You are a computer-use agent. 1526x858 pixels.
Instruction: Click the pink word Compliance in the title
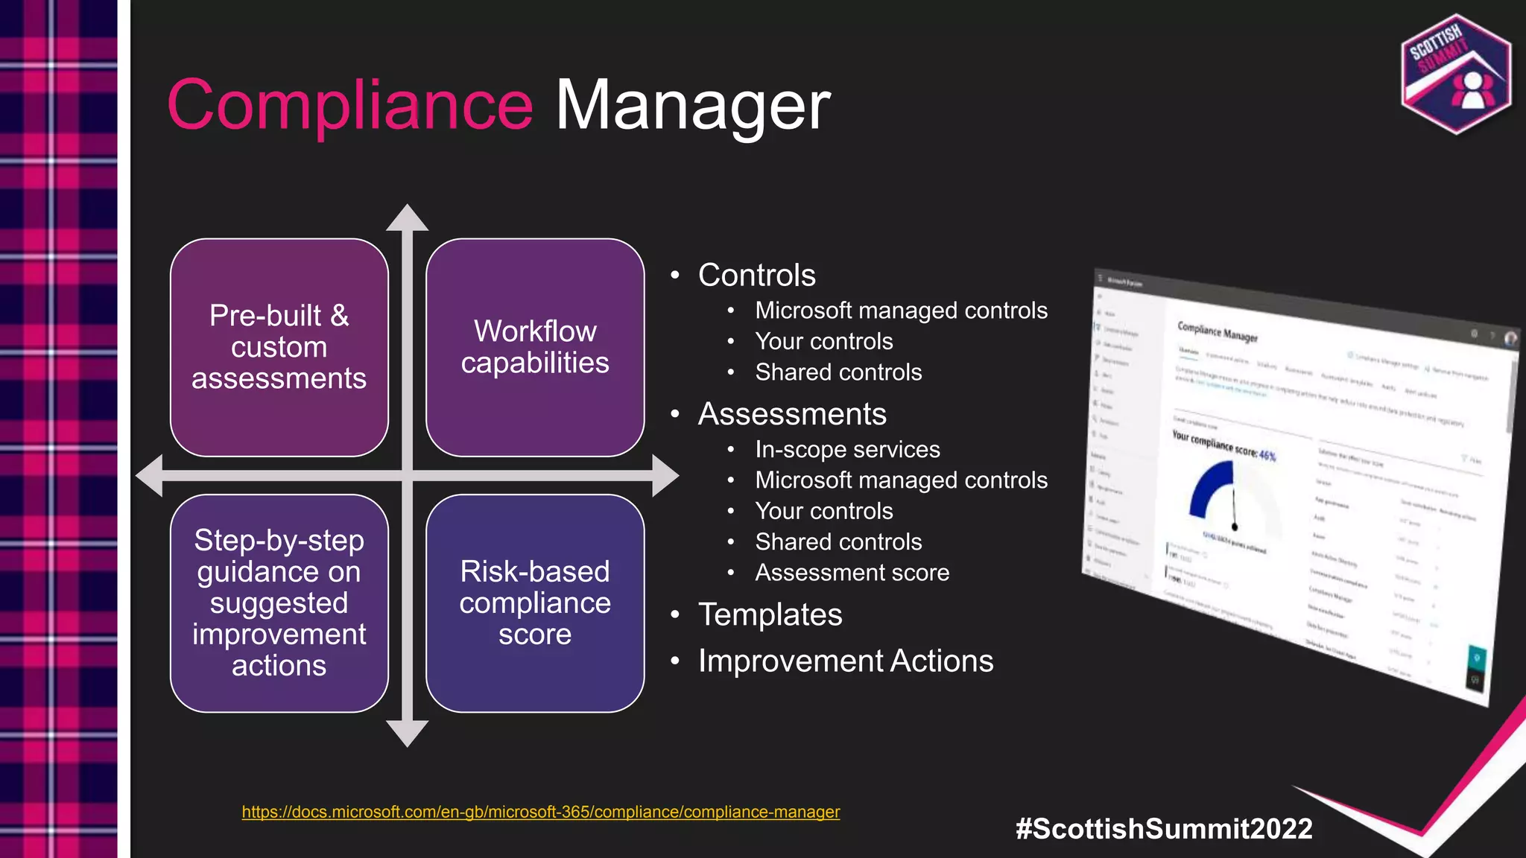pos(350,106)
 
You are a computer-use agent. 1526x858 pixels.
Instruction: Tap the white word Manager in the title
pos(692,106)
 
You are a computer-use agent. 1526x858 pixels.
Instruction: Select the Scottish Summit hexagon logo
pos(1456,74)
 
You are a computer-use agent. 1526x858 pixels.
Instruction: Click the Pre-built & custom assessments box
pos(279,347)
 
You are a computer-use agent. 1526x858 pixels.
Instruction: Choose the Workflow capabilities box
pos(535,347)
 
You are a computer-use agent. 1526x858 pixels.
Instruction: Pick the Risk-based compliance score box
pos(535,603)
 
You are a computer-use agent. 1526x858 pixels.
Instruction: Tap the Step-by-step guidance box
pos(279,603)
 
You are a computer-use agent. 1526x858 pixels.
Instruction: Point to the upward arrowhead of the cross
pos(407,217)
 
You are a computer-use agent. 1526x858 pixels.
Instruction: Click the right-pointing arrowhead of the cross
pos(665,475)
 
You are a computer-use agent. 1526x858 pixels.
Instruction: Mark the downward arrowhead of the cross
pos(407,733)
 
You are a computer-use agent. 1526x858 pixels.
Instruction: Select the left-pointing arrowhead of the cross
pos(150,475)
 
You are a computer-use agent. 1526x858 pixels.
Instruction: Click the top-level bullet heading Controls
pos(756,275)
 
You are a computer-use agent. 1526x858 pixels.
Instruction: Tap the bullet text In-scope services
pos(847,449)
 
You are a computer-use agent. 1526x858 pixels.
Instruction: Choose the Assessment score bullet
pos(852,572)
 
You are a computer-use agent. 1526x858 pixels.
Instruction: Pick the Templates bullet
pos(770,614)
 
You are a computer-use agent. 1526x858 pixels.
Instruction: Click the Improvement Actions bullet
pos(845,661)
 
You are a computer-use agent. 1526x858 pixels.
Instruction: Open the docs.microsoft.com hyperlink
pos(540,812)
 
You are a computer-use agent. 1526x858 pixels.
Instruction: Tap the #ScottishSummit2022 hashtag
pos(1164,828)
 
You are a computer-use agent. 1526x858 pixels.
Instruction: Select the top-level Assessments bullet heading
pos(792,413)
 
